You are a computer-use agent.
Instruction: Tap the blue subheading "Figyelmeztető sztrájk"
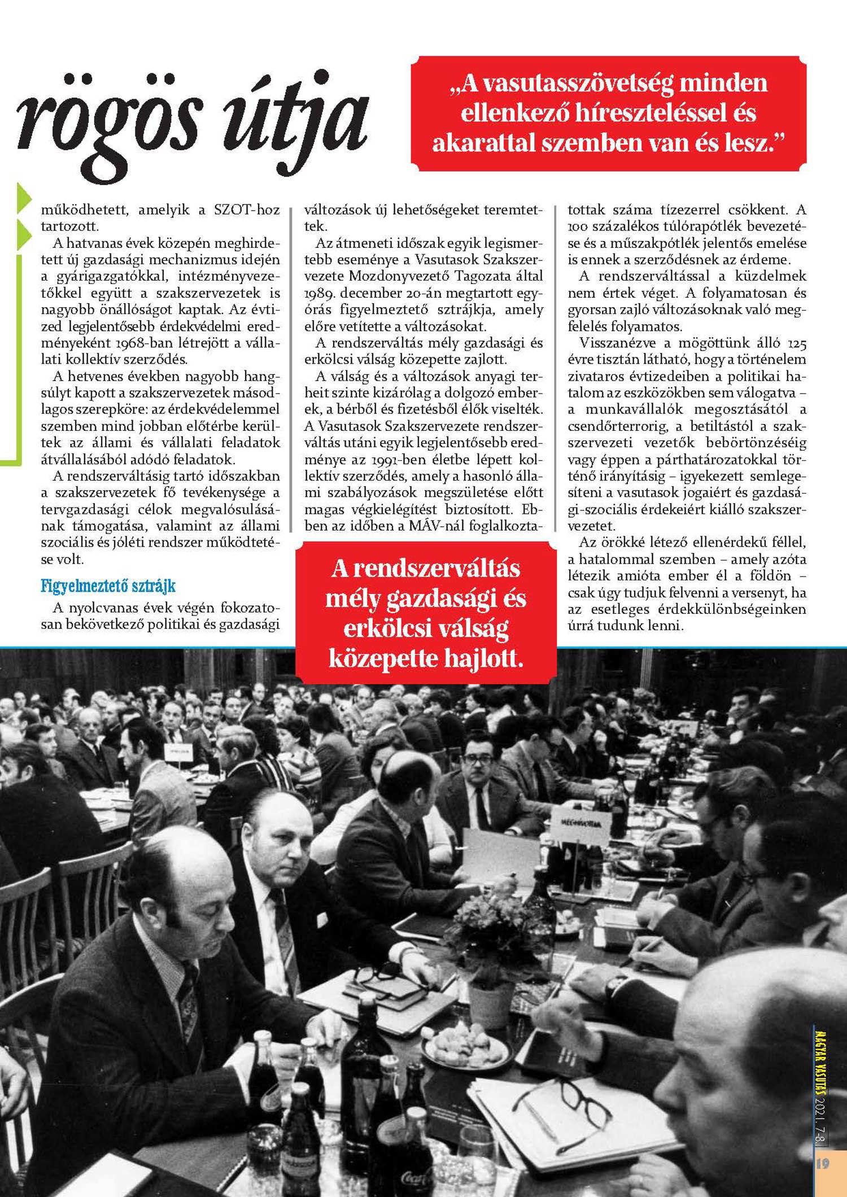[108, 586]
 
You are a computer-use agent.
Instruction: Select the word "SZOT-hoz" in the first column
[247, 210]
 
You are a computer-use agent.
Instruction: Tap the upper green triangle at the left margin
[23, 198]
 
